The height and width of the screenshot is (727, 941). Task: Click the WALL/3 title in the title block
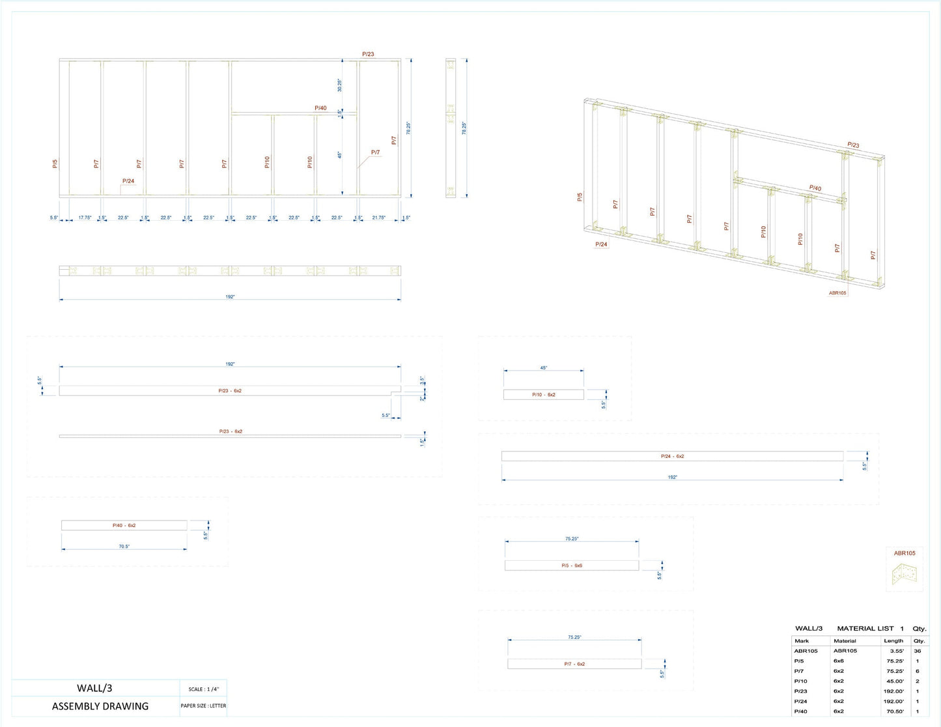tap(94, 688)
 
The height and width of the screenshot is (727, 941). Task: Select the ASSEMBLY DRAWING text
tap(100, 706)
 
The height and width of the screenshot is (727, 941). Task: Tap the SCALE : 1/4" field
tap(204, 689)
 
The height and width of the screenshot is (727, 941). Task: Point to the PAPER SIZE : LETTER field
tap(204, 706)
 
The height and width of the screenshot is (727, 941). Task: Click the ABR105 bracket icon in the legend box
tap(904, 574)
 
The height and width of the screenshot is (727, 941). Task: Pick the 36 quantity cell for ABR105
tap(918, 651)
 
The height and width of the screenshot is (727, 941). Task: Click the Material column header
tap(845, 641)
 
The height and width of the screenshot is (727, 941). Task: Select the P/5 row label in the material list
tap(799, 661)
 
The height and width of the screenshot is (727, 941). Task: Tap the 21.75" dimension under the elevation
tap(378, 218)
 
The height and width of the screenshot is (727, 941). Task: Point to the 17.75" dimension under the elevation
tap(85, 218)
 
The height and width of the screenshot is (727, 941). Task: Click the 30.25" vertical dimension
tap(339, 85)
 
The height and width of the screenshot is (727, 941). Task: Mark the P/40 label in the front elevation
tap(320, 108)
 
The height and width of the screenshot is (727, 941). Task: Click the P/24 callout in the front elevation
tap(128, 181)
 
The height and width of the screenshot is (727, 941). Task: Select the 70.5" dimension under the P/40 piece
tap(124, 547)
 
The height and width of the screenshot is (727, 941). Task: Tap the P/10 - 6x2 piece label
tap(543, 395)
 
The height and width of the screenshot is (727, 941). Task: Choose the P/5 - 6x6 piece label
tap(572, 565)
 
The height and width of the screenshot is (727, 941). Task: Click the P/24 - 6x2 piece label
tap(672, 457)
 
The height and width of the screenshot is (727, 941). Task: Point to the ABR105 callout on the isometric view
tap(837, 293)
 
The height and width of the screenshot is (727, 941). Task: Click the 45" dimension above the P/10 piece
tap(543, 368)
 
